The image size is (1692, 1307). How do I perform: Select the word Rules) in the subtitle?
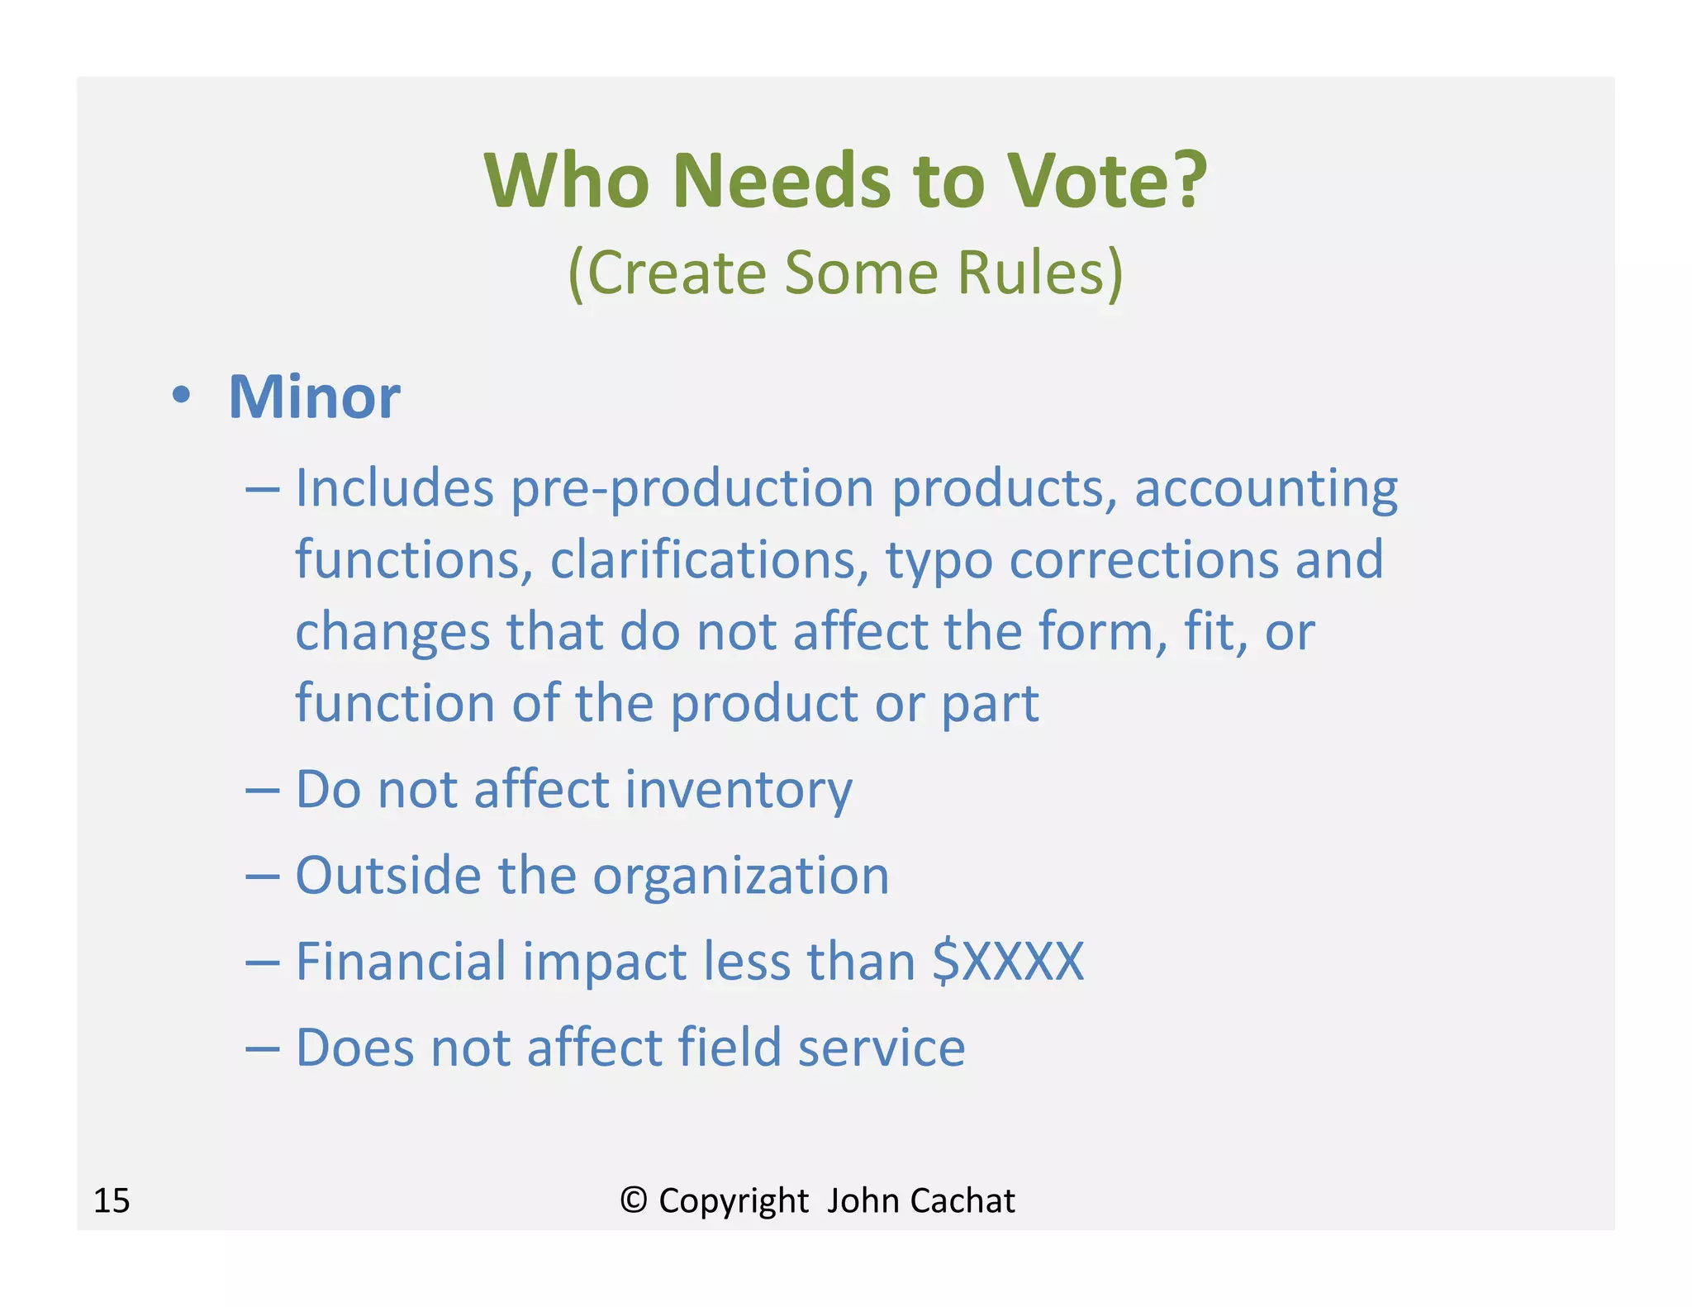point(1040,273)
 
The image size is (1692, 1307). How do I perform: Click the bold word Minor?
point(314,397)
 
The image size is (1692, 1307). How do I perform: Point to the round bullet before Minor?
point(181,395)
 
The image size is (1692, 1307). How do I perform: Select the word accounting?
point(1266,489)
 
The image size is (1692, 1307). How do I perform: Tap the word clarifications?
point(710,559)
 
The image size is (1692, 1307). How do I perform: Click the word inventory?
point(739,790)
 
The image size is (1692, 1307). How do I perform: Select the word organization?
point(741,877)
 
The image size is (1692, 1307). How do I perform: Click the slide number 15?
point(112,1200)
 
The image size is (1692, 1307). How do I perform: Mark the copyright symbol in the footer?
point(633,1200)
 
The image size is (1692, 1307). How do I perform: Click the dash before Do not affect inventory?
point(263,790)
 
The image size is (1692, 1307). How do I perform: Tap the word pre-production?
point(692,489)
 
